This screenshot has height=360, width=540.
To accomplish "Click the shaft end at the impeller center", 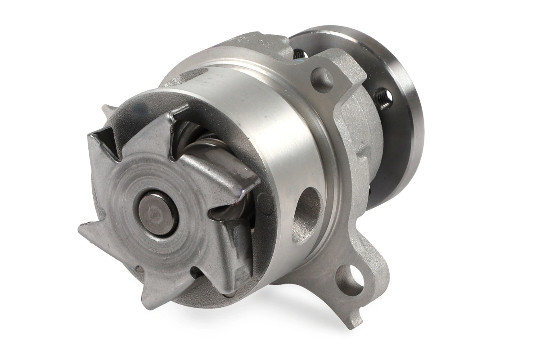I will [x=157, y=213].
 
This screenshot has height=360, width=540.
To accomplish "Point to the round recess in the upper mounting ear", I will [x=322, y=80].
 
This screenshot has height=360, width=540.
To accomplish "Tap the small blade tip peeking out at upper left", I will [x=107, y=110].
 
